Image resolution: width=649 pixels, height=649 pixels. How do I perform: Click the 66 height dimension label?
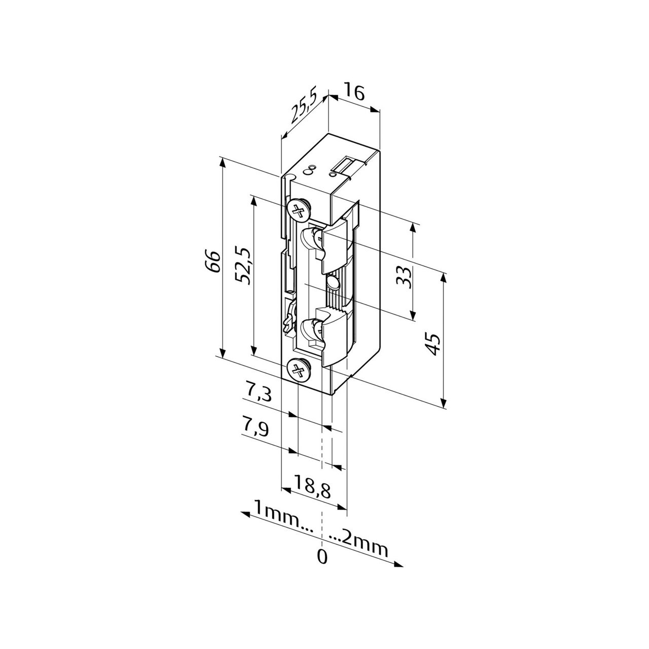coord(212,261)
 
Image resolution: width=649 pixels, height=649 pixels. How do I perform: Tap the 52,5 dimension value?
coord(243,266)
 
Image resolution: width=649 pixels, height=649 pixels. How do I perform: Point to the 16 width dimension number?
coord(354,94)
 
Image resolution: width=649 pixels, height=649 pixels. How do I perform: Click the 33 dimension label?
coord(404,277)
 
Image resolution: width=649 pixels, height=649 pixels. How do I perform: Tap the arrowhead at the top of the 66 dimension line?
coord(222,164)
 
